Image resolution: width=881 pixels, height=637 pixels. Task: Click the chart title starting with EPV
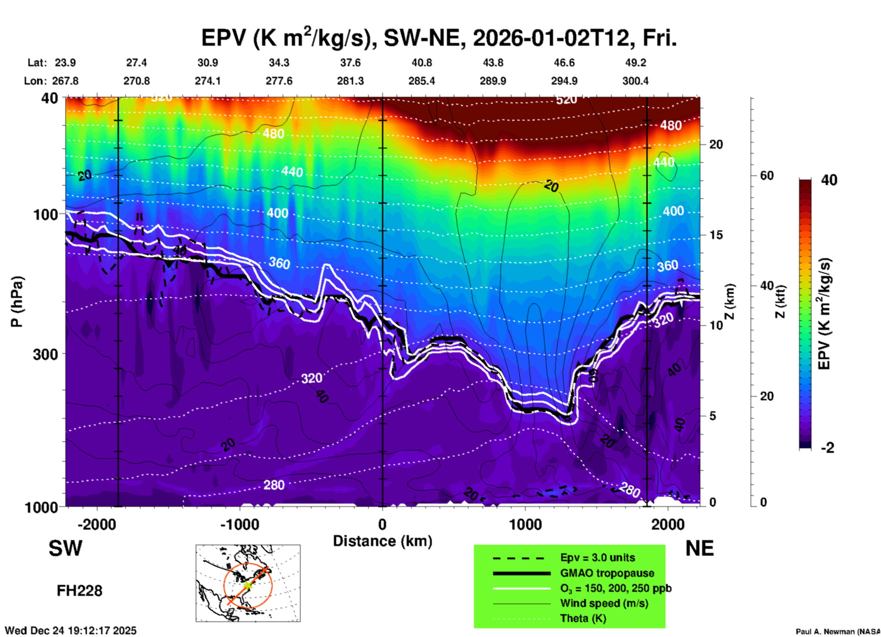(x=439, y=37)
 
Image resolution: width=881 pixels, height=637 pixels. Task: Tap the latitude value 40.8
(x=421, y=63)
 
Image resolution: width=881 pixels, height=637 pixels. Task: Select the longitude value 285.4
(x=421, y=81)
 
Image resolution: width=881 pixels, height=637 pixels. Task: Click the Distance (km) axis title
(x=382, y=541)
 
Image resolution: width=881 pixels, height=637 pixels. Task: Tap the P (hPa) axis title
(x=17, y=302)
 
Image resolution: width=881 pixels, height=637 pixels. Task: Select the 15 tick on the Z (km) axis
(x=716, y=235)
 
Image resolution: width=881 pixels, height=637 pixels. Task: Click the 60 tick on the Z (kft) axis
(x=767, y=175)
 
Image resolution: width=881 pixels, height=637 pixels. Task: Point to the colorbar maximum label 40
(x=829, y=180)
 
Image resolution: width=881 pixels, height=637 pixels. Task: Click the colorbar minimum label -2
(x=827, y=448)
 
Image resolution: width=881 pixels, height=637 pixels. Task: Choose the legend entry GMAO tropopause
(x=607, y=573)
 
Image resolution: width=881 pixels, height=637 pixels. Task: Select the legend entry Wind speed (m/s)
(x=604, y=603)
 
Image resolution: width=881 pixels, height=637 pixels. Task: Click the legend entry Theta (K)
(x=583, y=618)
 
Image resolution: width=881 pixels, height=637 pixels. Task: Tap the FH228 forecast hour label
(x=79, y=591)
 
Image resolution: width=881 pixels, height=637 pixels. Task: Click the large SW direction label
(x=65, y=548)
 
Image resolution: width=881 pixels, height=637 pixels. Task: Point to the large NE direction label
(x=699, y=548)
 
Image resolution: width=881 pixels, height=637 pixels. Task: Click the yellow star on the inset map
(x=247, y=585)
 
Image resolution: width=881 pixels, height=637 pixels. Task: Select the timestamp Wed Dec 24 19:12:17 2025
(x=70, y=631)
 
